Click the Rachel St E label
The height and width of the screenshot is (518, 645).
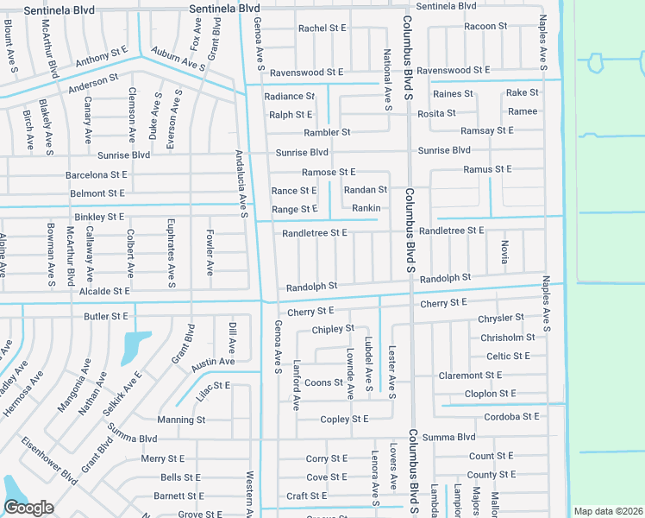tap(322, 28)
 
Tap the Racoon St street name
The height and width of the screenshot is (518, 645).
tap(485, 27)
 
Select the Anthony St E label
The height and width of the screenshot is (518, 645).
tap(102, 60)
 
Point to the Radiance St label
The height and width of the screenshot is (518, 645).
tap(290, 96)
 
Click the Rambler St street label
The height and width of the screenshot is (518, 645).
tap(327, 132)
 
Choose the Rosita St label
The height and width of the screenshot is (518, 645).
tap(436, 113)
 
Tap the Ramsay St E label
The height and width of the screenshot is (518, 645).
tap(487, 130)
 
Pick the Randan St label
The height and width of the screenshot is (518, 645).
tap(366, 190)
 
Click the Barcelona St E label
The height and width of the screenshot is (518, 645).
tap(97, 174)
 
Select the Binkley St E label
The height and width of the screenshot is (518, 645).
tap(99, 216)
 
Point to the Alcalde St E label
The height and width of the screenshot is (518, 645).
tap(103, 292)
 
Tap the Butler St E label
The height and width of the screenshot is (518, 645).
tap(106, 317)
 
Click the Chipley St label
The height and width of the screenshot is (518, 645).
tap(333, 329)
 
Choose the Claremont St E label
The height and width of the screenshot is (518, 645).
tap(470, 376)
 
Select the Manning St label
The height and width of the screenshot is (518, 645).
tap(181, 420)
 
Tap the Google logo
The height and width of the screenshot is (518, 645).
tap(28, 508)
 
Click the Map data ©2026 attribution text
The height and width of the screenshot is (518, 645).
tap(607, 511)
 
